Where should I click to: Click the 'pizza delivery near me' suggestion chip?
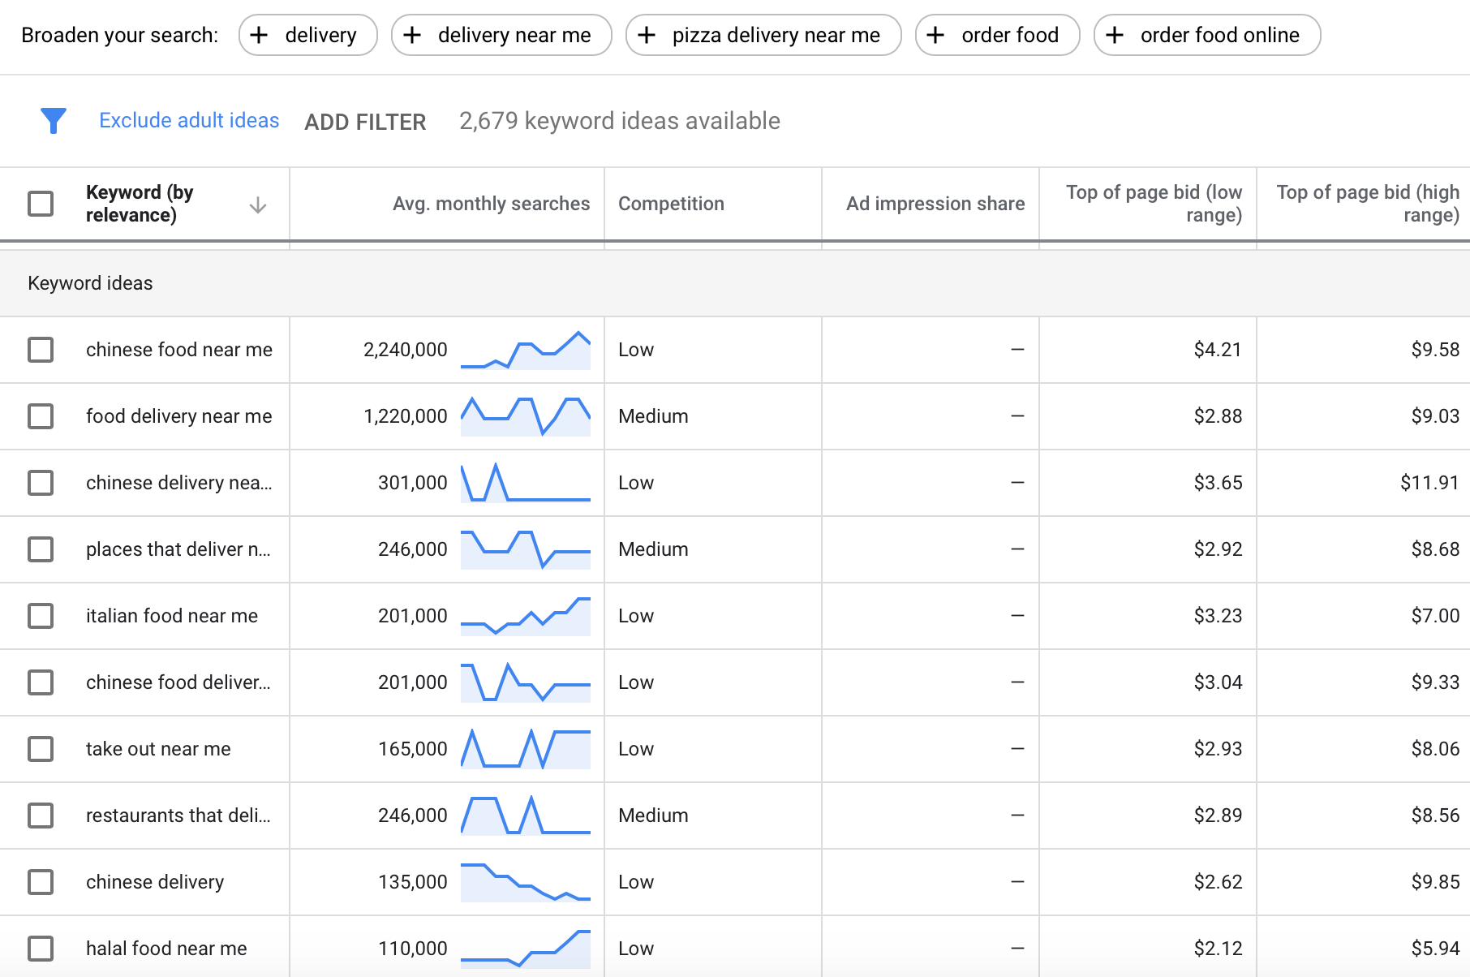point(763,35)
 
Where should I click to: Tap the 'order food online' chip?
point(1206,35)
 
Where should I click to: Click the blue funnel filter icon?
point(54,121)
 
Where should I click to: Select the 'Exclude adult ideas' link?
point(189,121)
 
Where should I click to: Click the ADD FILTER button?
point(365,122)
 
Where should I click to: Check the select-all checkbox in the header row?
point(41,204)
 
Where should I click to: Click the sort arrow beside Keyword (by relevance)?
point(258,204)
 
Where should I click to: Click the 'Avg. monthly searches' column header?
point(491,204)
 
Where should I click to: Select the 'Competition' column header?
point(671,204)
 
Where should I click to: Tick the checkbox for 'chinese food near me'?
point(41,350)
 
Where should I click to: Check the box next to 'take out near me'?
point(41,749)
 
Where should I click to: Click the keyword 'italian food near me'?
point(172,616)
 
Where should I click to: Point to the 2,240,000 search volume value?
point(405,350)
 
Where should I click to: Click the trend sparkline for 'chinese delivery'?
point(525,882)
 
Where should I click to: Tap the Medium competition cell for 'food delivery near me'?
point(653,416)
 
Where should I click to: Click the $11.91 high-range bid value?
point(1429,483)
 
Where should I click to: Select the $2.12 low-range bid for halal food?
point(1217,949)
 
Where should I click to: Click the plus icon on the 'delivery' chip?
point(259,35)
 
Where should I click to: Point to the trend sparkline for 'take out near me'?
point(525,749)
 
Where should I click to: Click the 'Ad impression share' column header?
point(935,204)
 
